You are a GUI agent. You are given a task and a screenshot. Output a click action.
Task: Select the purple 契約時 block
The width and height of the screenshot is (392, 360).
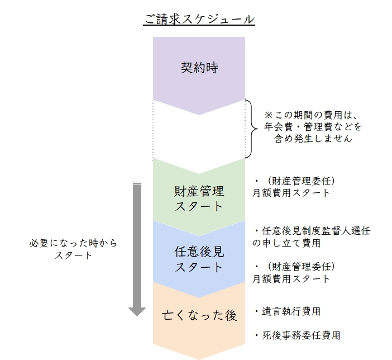(199, 68)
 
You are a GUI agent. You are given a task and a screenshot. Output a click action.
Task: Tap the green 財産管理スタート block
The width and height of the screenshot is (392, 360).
(199, 198)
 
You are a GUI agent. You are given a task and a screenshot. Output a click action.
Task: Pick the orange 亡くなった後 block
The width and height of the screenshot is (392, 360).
(199, 315)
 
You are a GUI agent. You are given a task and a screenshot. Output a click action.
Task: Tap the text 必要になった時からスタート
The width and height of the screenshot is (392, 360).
(74, 250)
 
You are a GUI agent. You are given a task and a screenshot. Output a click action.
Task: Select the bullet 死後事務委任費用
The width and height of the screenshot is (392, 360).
(297, 335)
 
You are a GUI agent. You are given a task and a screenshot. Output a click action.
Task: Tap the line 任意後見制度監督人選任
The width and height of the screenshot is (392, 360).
(312, 231)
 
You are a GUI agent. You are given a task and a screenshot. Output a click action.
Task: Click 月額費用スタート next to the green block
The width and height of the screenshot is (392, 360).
(290, 193)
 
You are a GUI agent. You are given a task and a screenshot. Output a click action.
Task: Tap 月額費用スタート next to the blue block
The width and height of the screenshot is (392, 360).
(290, 278)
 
